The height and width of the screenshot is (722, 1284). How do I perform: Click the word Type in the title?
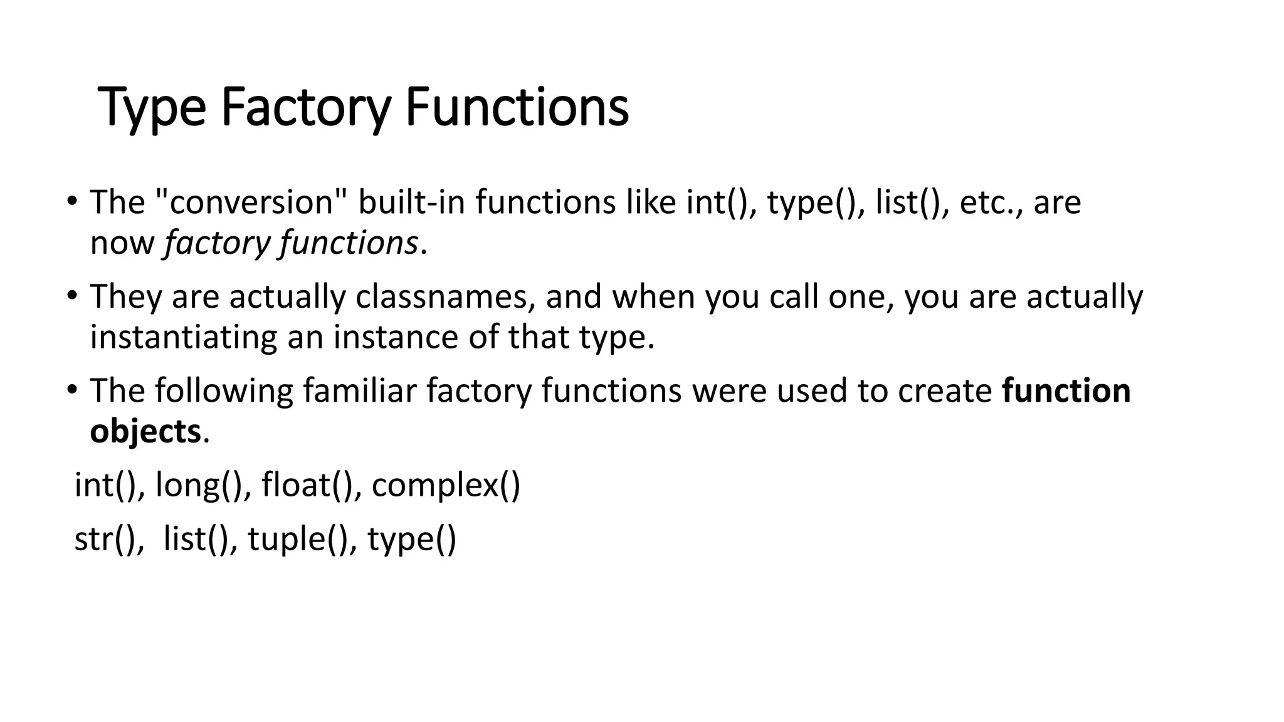pos(152,108)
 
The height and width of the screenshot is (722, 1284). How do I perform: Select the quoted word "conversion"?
pos(251,202)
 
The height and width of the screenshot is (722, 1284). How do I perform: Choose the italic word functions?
pos(349,243)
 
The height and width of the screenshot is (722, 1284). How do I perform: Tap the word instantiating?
pos(184,337)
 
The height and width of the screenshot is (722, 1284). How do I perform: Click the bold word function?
pos(1066,391)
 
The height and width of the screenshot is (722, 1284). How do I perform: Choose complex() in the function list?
pos(446,485)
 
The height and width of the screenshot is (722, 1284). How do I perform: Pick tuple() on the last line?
pos(297,539)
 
